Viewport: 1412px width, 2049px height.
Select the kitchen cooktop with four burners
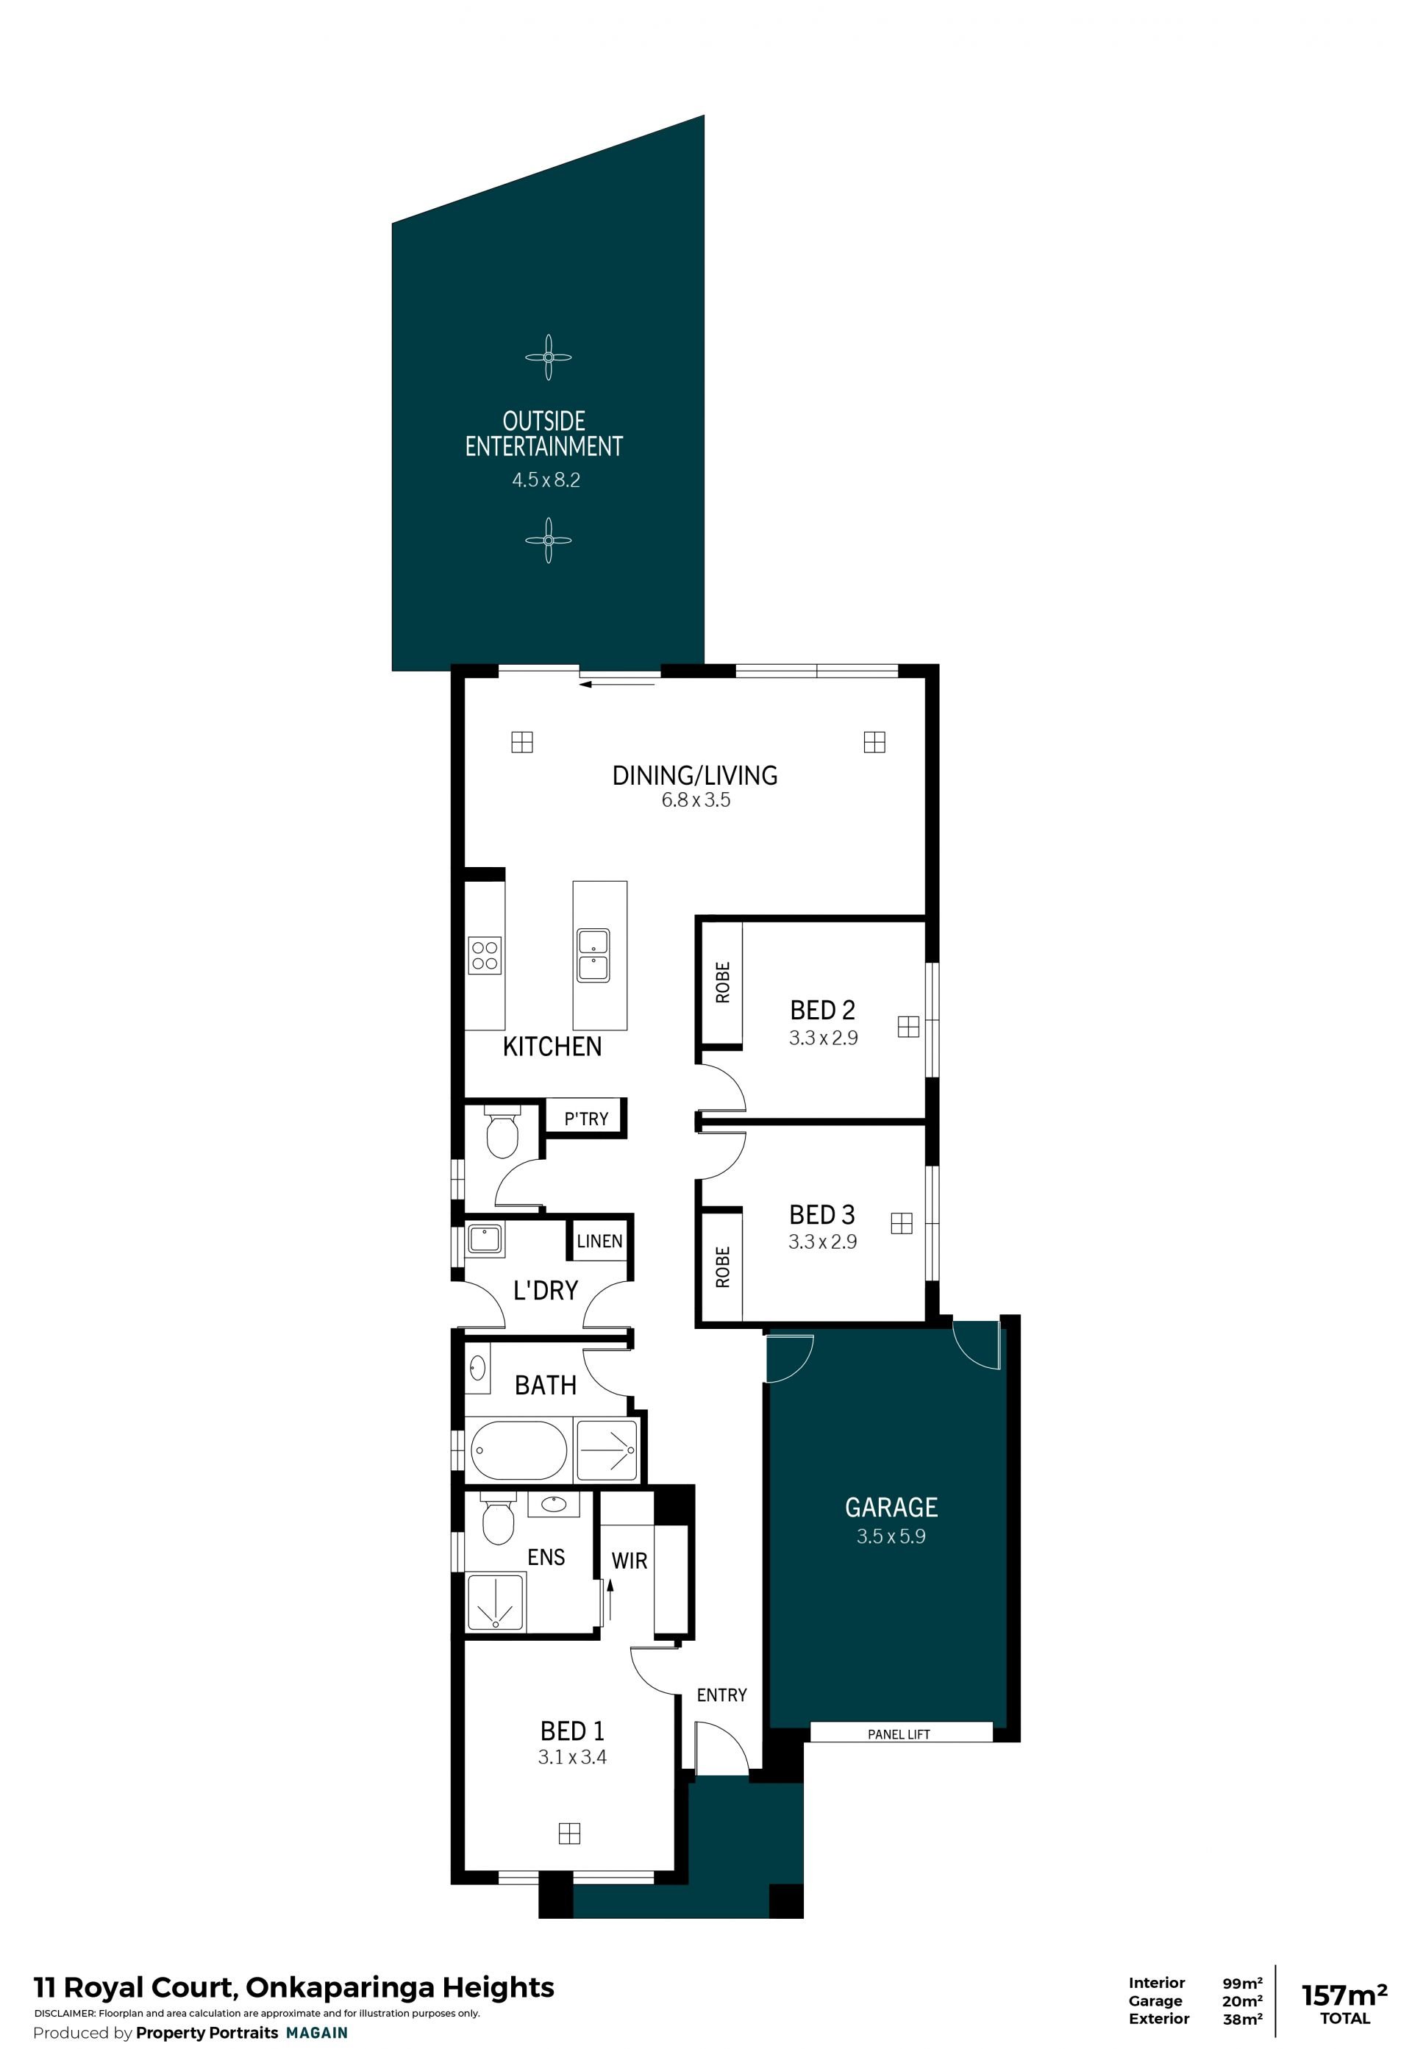(485, 955)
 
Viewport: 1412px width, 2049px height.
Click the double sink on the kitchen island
(593, 955)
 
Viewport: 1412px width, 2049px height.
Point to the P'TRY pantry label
(587, 1119)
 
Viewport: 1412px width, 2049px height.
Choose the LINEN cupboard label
(600, 1241)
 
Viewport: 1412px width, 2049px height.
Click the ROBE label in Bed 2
(723, 982)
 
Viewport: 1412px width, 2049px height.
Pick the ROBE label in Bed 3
(723, 1267)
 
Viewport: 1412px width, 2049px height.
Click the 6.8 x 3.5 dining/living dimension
(696, 801)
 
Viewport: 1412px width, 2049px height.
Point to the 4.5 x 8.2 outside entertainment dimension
(546, 480)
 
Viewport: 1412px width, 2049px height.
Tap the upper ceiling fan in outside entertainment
(549, 357)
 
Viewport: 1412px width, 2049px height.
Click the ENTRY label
(722, 1695)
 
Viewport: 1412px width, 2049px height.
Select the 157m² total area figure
(1344, 1995)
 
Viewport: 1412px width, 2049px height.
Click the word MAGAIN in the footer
(317, 2033)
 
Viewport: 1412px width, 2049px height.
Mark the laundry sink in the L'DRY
(485, 1239)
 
